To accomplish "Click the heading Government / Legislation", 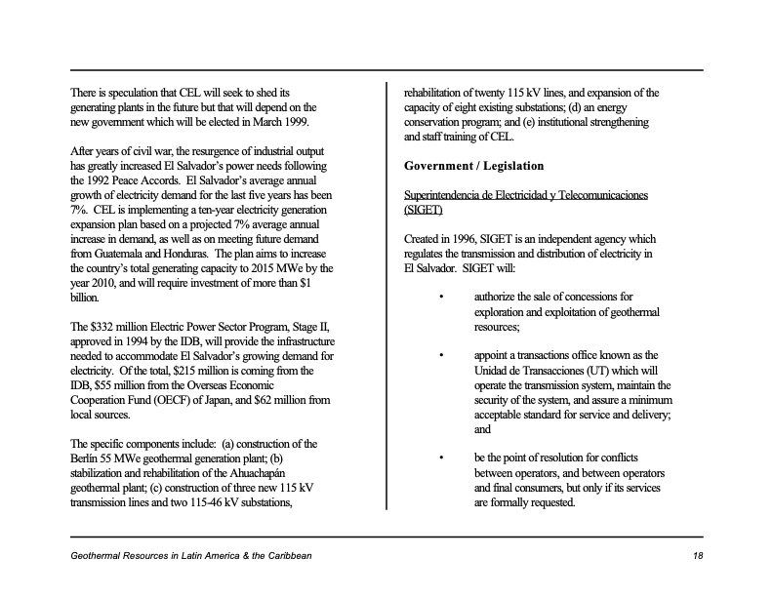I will pos(473,167).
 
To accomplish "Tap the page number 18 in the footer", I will pos(696,555).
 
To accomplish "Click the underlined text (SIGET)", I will pos(423,210).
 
